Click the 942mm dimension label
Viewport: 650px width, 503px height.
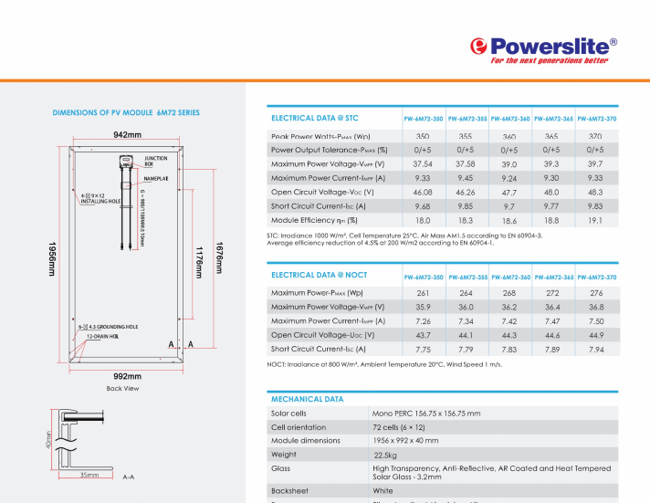click(127, 134)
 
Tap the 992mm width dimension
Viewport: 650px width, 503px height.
click(127, 375)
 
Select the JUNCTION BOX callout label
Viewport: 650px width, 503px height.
click(156, 161)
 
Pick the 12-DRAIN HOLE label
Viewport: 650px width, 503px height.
click(103, 336)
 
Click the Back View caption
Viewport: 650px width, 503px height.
click(122, 388)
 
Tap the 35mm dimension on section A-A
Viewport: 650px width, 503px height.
click(89, 476)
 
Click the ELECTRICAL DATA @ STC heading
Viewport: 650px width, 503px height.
click(315, 118)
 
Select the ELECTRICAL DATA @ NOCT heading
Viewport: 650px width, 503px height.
click(319, 275)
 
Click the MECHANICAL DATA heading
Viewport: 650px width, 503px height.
click(308, 399)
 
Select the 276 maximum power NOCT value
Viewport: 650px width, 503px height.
click(595, 293)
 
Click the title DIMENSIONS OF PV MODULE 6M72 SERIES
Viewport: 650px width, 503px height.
click(126, 112)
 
